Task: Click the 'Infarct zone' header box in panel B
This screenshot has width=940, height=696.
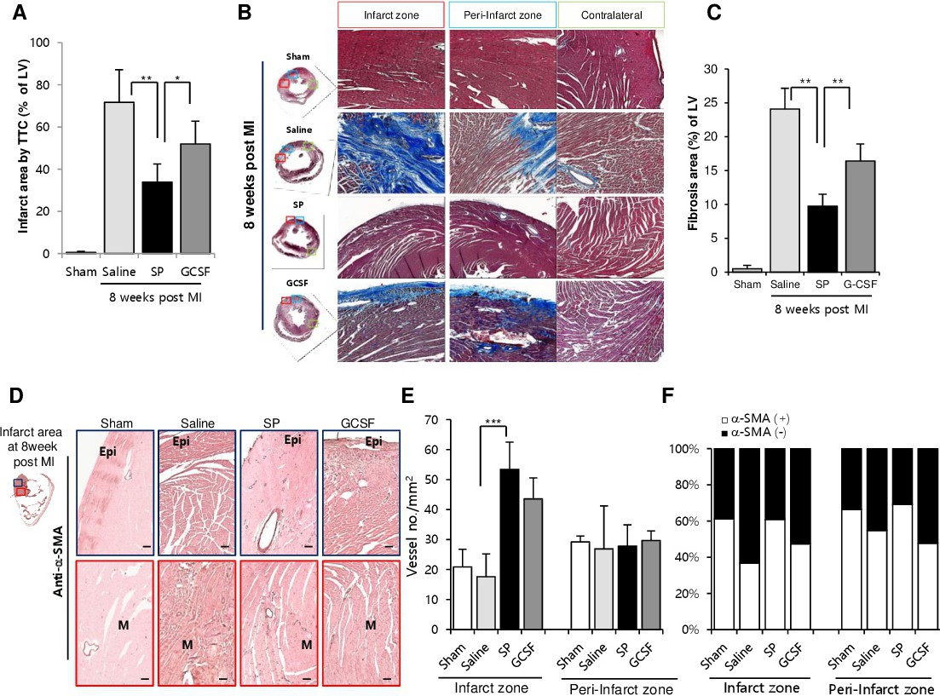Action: tap(391, 15)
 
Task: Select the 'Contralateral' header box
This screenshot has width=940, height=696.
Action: tap(611, 15)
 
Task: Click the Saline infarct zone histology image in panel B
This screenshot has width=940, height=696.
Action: tap(391, 152)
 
